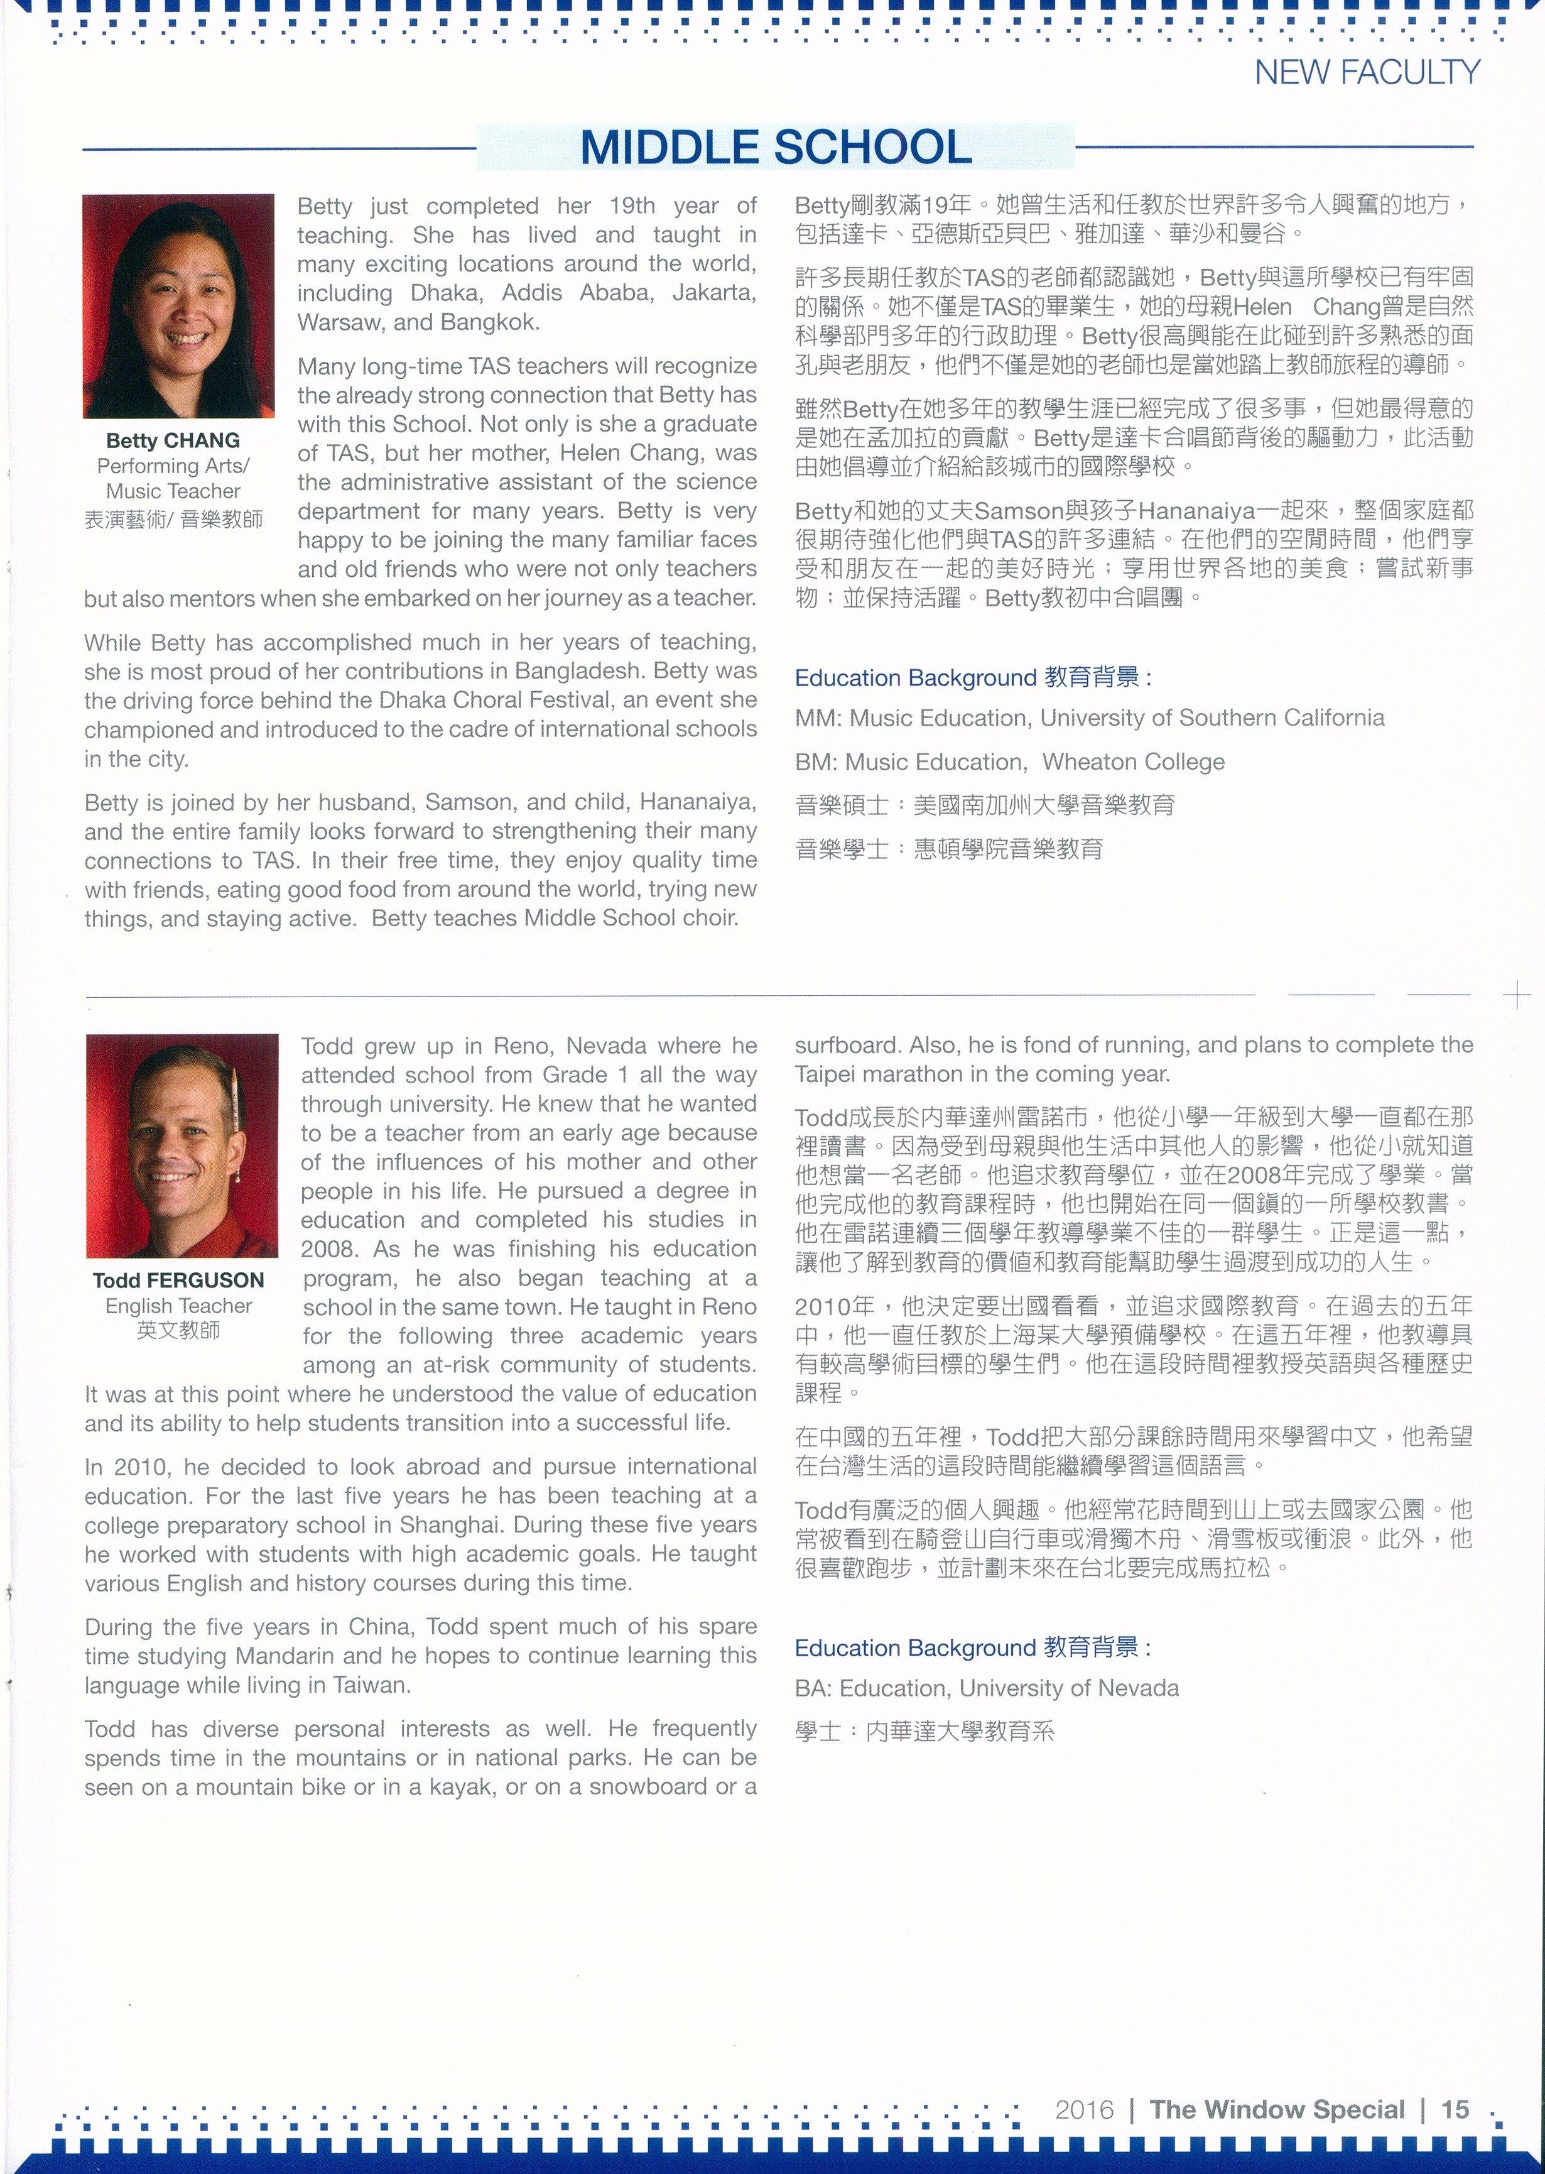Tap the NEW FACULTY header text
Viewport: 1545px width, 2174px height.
(x=1367, y=72)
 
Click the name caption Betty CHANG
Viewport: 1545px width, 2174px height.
(x=173, y=440)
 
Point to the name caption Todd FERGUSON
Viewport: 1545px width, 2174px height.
(x=179, y=1281)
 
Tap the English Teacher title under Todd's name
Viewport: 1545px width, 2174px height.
(x=179, y=1306)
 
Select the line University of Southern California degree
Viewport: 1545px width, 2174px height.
(x=1089, y=718)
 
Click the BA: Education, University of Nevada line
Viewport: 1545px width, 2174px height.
(x=987, y=1688)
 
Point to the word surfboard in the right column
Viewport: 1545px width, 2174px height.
(x=847, y=1045)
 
